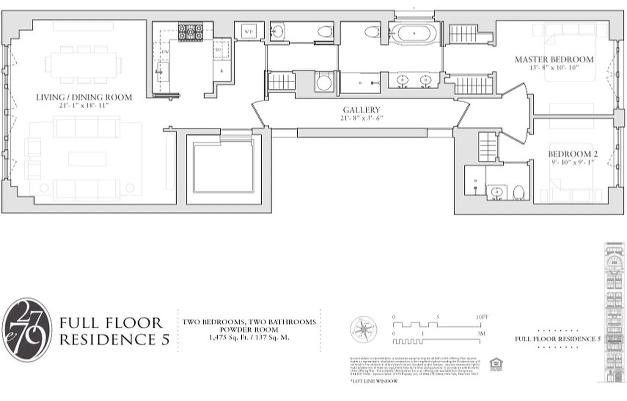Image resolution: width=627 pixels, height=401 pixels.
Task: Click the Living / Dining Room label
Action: tap(84, 97)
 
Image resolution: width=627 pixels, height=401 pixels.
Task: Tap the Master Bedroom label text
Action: tap(554, 60)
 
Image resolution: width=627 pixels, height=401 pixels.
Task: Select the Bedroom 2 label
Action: tap(572, 154)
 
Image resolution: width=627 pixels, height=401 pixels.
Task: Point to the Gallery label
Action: tap(361, 110)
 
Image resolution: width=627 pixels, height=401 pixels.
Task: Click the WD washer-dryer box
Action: tap(249, 32)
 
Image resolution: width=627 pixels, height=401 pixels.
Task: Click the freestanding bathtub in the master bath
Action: tap(413, 34)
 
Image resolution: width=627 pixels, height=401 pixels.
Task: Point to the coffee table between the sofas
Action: tap(87, 159)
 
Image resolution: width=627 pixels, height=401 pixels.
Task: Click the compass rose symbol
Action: tap(364, 329)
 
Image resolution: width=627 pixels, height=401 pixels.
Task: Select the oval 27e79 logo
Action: tap(27, 329)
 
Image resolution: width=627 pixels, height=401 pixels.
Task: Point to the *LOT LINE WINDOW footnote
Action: tap(374, 381)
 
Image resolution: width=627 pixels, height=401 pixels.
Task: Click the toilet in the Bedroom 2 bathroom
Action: tap(518, 192)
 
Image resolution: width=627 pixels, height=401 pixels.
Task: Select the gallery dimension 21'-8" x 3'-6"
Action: tap(361, 118)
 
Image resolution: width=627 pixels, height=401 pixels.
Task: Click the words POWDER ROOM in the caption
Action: tap(249, 329)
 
